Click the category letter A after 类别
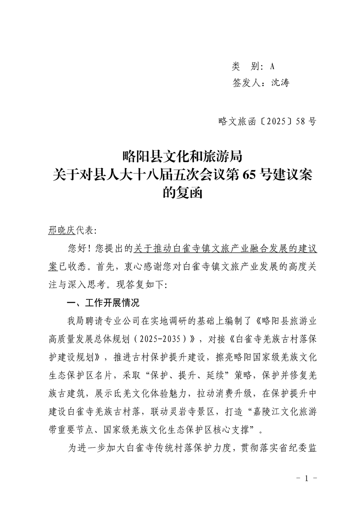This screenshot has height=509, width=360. tap(272, 67)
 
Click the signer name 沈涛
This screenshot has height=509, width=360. tap(280, 83)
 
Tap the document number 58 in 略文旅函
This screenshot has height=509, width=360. tap(300, 122)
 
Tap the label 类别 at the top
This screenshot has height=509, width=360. tap(245, 67)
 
